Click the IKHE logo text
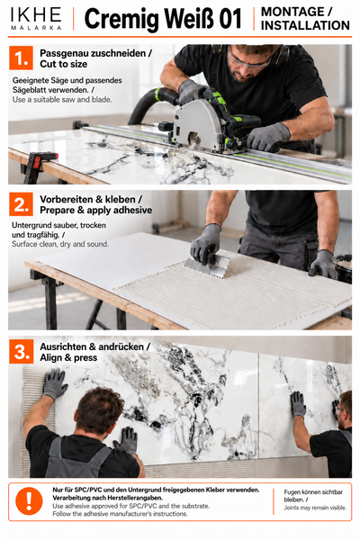[36, 14]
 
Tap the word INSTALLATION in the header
[305, 25]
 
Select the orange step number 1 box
[21, 58]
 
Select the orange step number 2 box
[21, 204]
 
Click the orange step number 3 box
[21, 351]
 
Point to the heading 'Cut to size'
[63, 64]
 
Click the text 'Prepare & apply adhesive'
[95, 210]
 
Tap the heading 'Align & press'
[68, 357]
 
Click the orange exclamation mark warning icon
[29, 501]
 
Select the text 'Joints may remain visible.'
[315, 508]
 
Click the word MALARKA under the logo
[36, 28]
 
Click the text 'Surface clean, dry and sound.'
[60, 244]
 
